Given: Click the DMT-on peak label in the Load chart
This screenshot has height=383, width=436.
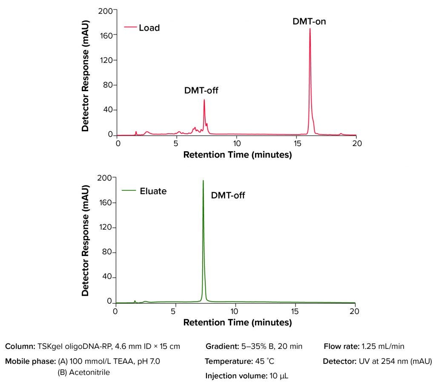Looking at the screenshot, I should pyautogui.click(x=309, y=21).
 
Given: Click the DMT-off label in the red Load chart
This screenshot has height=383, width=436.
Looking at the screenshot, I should pyautogui.click(x=201, y=90).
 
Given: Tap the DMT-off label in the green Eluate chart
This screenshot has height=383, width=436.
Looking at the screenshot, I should pyautogui.click(x=228, y=196).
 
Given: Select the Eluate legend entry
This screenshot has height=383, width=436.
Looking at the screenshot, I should pyautogui.click(x=153, y=191).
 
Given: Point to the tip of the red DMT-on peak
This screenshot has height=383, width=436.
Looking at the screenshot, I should pyautogui.click(x=310, y=29).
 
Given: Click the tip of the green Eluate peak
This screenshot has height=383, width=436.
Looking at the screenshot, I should pyautogui.click(x=203, y=181).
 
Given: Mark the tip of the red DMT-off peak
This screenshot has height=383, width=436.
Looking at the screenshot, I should pyautogui.click(x=204, y=100).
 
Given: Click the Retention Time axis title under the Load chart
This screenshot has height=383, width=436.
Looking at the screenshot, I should pyautogui.click(x=237, y=155).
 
